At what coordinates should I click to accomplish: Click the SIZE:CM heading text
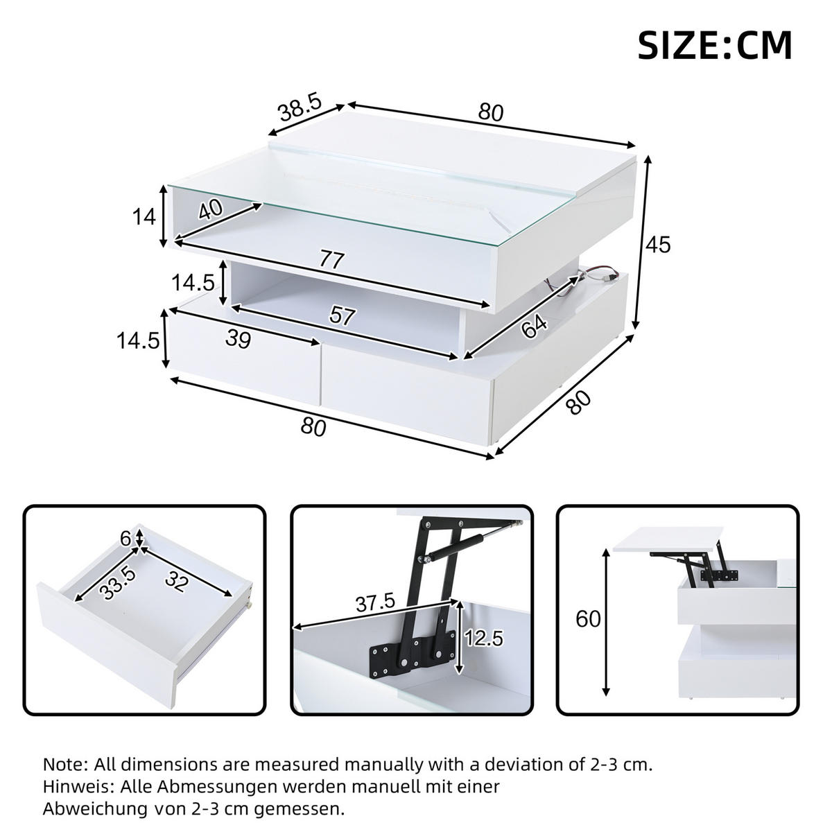coord(715,46)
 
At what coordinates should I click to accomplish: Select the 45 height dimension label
coord(657,245)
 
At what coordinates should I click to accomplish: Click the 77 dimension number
coord(331,260)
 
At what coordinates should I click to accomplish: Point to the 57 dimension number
coord(342,315)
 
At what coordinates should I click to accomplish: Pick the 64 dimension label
coord(534,327)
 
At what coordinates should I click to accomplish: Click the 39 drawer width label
coord(238,339)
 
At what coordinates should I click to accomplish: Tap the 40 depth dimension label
coord(210,209)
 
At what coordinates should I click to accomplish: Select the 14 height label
coord(144,217)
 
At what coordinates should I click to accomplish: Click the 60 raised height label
coord(588,619)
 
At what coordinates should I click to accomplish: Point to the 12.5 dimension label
coord(483,638)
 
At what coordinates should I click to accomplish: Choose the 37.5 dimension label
coord(375,603)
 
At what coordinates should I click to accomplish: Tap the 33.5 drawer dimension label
coord(117,584)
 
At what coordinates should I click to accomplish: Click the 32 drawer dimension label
coord(176,582)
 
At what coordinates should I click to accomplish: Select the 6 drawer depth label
coord(125,539)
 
